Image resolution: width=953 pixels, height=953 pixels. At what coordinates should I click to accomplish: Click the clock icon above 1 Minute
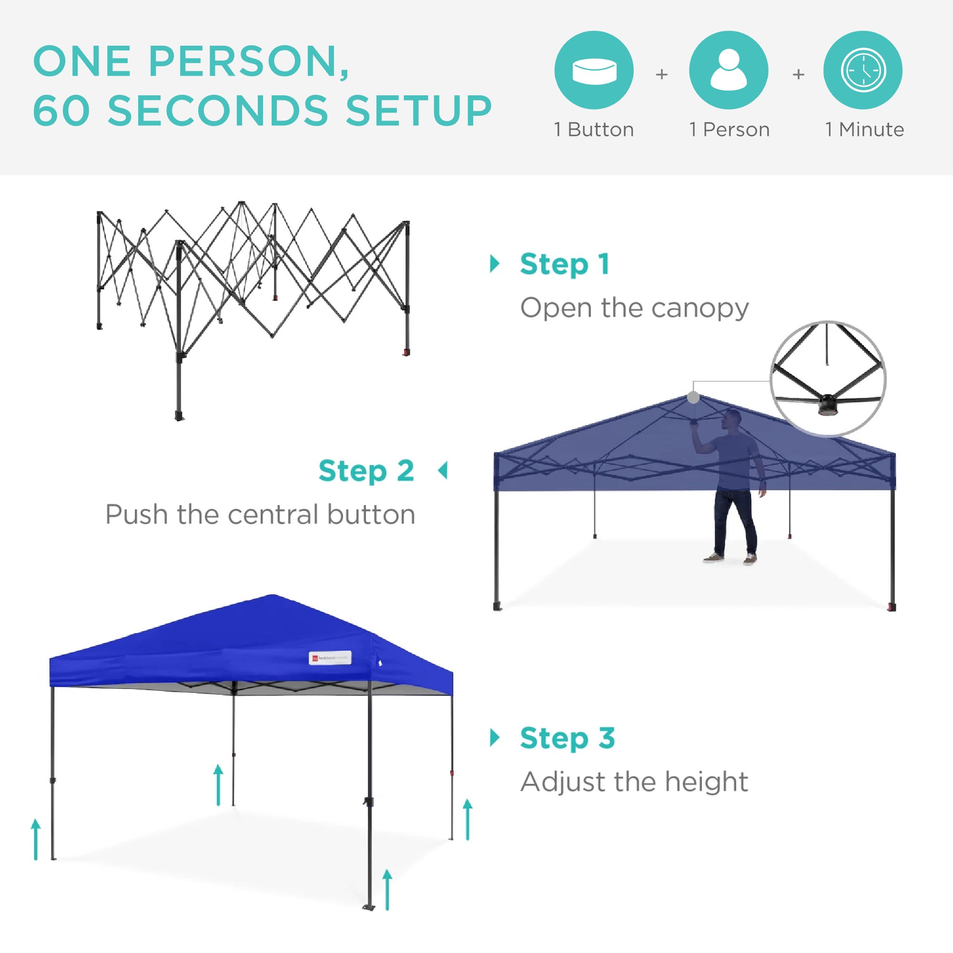[x=863, y=70]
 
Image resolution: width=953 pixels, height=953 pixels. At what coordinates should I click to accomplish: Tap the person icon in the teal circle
[x=729, y=70]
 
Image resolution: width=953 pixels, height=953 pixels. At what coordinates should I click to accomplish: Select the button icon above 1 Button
[x=594, y=70]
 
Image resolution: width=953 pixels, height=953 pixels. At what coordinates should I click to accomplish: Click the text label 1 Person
[x=729, y=130]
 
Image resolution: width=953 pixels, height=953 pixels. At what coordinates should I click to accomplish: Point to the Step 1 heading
[x=565, y=264]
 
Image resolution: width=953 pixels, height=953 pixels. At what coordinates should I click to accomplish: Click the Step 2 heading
[x=366, y=471]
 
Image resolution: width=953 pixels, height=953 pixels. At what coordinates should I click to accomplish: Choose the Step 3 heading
[x=567, y=739]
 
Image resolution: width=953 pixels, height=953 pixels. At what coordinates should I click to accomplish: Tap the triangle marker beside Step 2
[x=443, y=471]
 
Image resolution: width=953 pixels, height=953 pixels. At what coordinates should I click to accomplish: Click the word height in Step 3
[x=706, y=782]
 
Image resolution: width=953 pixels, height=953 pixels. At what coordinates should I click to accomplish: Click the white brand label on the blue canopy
[x=330, y=658]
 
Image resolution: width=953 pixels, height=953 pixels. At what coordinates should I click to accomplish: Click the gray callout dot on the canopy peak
[x=693, y=397]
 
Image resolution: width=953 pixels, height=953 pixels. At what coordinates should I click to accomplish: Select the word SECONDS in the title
[x=218, y=110]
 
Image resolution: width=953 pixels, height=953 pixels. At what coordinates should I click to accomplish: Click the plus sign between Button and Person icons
[x=661, y=74]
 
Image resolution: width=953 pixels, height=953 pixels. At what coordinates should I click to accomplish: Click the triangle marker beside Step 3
[x=495, y=738]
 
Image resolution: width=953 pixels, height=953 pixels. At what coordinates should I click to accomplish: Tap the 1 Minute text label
[x=865, y=130]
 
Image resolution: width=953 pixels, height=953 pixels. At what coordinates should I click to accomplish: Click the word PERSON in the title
[x=243, y=61]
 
